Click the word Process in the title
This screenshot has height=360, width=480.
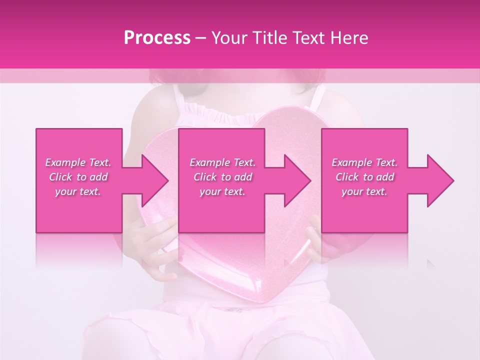[x=157, y=38]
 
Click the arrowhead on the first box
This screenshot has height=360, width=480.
[x=155, y=180]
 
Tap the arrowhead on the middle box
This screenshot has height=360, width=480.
[x=297, y=180]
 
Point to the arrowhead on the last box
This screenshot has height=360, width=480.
[x=440, y=180]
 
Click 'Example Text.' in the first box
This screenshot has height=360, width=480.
[x=78, y=162]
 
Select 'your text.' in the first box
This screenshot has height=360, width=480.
[x=78, y=191]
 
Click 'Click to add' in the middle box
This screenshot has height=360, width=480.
[x=222, y=177]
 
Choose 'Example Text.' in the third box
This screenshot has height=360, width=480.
[x=364, y=162]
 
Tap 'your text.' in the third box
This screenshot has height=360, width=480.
[x=364, y=191]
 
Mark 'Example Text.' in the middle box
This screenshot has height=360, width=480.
[x=222, y=162]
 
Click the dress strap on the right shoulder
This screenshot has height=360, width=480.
[x=317, y=97]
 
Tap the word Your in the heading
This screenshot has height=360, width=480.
[x=229, y=38]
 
